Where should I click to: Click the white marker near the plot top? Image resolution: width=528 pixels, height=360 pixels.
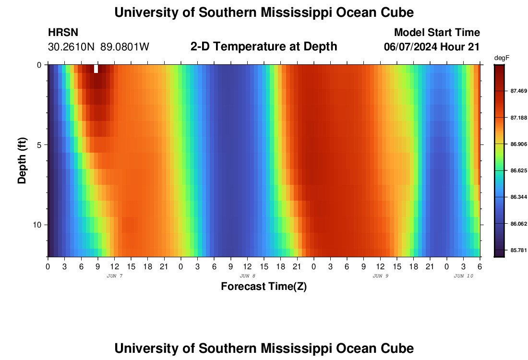[x=96, y=69]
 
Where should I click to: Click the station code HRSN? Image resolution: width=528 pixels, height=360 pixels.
[x=63, y=33]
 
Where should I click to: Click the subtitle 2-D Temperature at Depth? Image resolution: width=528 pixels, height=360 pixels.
[x=264, y=47]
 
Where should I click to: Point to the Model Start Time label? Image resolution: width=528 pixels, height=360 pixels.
[x=437, y=33]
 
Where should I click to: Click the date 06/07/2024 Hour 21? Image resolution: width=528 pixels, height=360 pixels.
[x=432, y=47]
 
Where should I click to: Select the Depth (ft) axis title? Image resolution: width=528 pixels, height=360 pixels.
[x=22, y=161]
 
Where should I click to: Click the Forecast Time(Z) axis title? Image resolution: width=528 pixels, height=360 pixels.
[x=264, y=287]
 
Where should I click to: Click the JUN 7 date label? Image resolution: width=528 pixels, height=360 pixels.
[x=114, y=276]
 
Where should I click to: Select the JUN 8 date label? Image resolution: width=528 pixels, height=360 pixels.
[x=247, y=276]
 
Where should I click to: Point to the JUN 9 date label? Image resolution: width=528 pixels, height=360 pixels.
[x=380, y=276]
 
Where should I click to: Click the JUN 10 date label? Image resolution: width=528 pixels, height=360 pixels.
[x=463, y=276]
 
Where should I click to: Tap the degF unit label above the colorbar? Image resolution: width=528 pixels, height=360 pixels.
[x=502, y=58]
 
